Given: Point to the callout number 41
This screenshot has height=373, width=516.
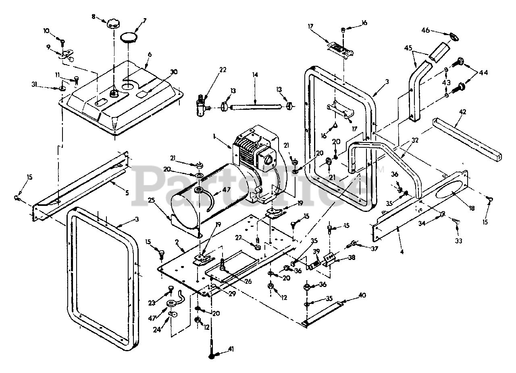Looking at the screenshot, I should pyautogui.click(x=231, y=348).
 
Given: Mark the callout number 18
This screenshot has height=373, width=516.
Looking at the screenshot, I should pyautogui.click(x=471, y=208).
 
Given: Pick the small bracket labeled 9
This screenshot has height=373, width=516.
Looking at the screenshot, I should pyautogui.click(x=67, y=54).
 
